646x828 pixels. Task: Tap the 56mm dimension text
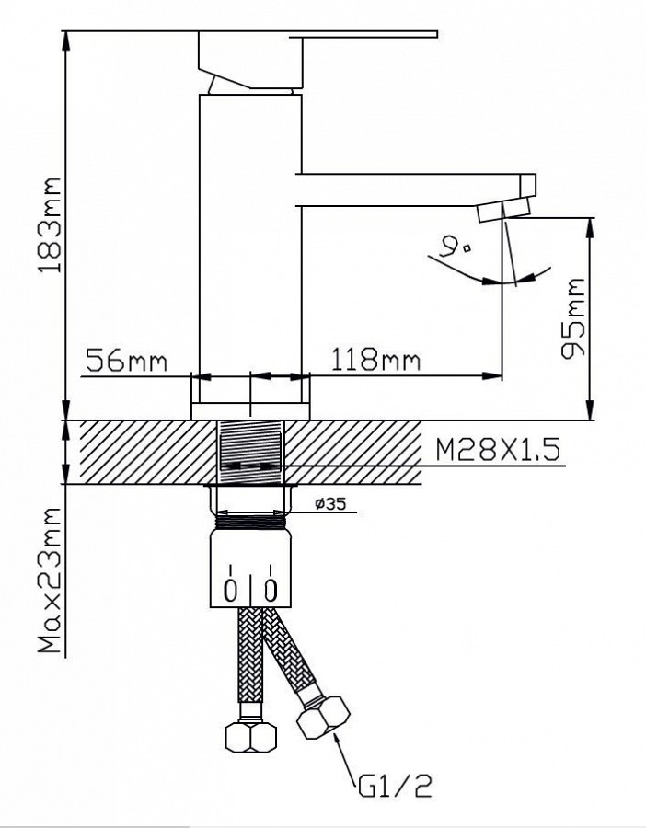(125, 361)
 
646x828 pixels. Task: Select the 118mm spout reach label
(373, 361)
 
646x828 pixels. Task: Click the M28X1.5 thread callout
(497, 451)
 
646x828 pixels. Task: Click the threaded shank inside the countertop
(250, 451)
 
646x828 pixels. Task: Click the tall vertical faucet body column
(250, 248)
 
